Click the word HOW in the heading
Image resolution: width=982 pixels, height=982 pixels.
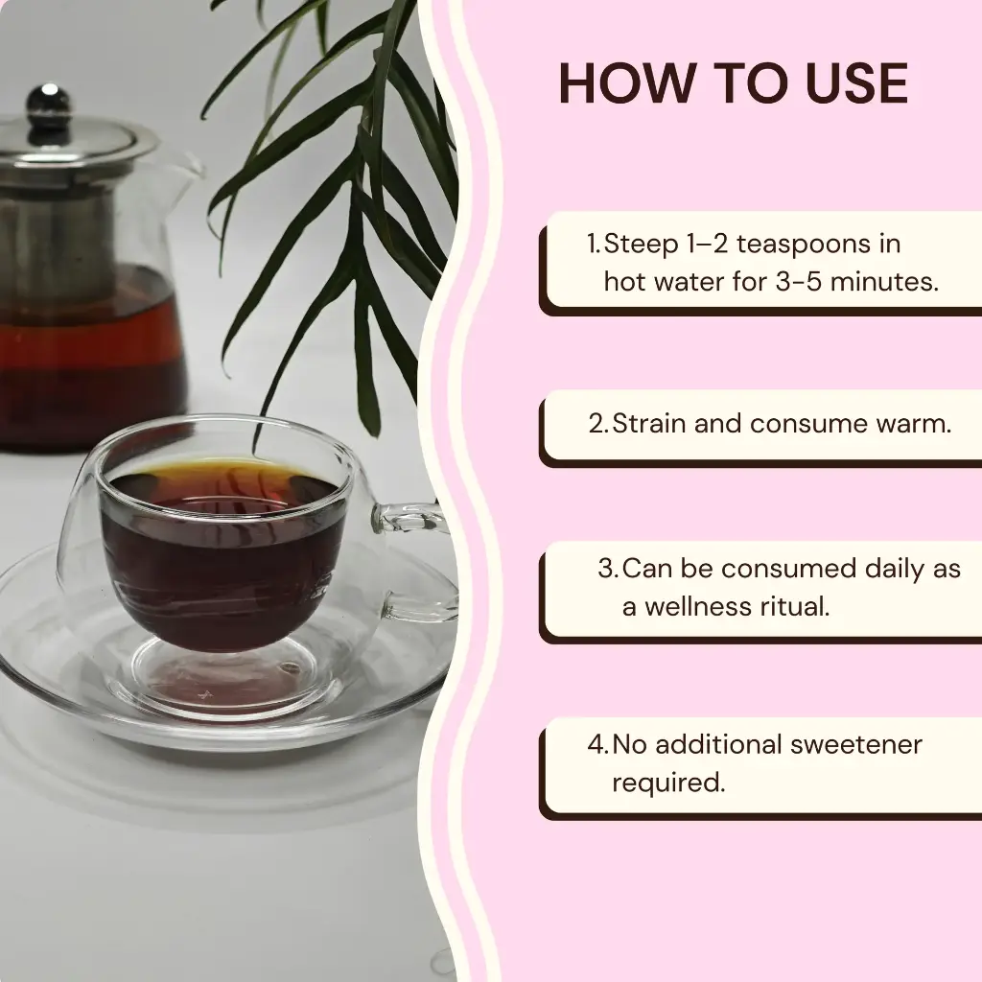pos(626,83)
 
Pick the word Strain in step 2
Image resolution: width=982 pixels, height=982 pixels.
pos(649,423)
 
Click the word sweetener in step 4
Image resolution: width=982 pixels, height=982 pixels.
pos(856,745)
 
